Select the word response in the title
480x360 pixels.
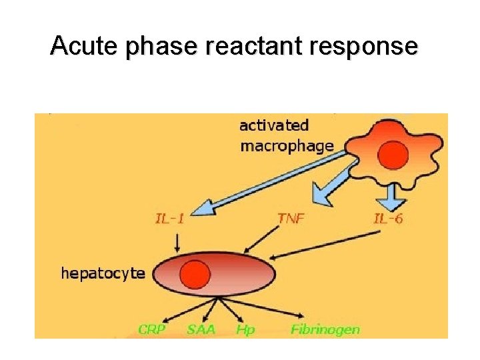(x=361, y=46)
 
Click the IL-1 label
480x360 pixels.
(x=169, y=218)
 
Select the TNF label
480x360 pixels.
(x=291, y=218)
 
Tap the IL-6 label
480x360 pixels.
(x=388, y=218)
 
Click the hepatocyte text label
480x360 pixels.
(x=103, y=273)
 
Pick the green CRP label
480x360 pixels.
(x=153, y=329)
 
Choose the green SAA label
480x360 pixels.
(x=201, y=329)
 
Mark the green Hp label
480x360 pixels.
(x=245, y=329)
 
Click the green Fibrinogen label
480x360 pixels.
(x=325, y=329)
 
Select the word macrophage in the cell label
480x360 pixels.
(x=287, y=146)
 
